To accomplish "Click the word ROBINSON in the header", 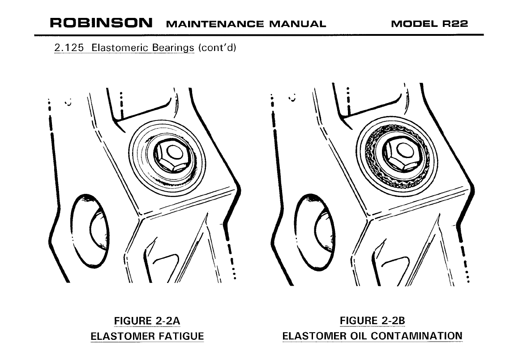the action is (x=101, y=23).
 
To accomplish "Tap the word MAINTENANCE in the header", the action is (x=215, y=24).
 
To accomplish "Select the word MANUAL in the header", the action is (x=297, y=24).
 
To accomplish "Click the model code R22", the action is (x=455, y=24).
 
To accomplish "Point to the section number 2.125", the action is (x=69, y=48).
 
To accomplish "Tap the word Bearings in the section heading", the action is (x=173, y=48).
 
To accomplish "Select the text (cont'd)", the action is (x=217, y=48).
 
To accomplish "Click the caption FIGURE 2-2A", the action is (x=147, y=321).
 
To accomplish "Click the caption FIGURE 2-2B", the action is (x=372, y=321).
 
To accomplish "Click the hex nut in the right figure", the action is (x=401, y=154).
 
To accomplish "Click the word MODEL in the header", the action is (x=414, y=24).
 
